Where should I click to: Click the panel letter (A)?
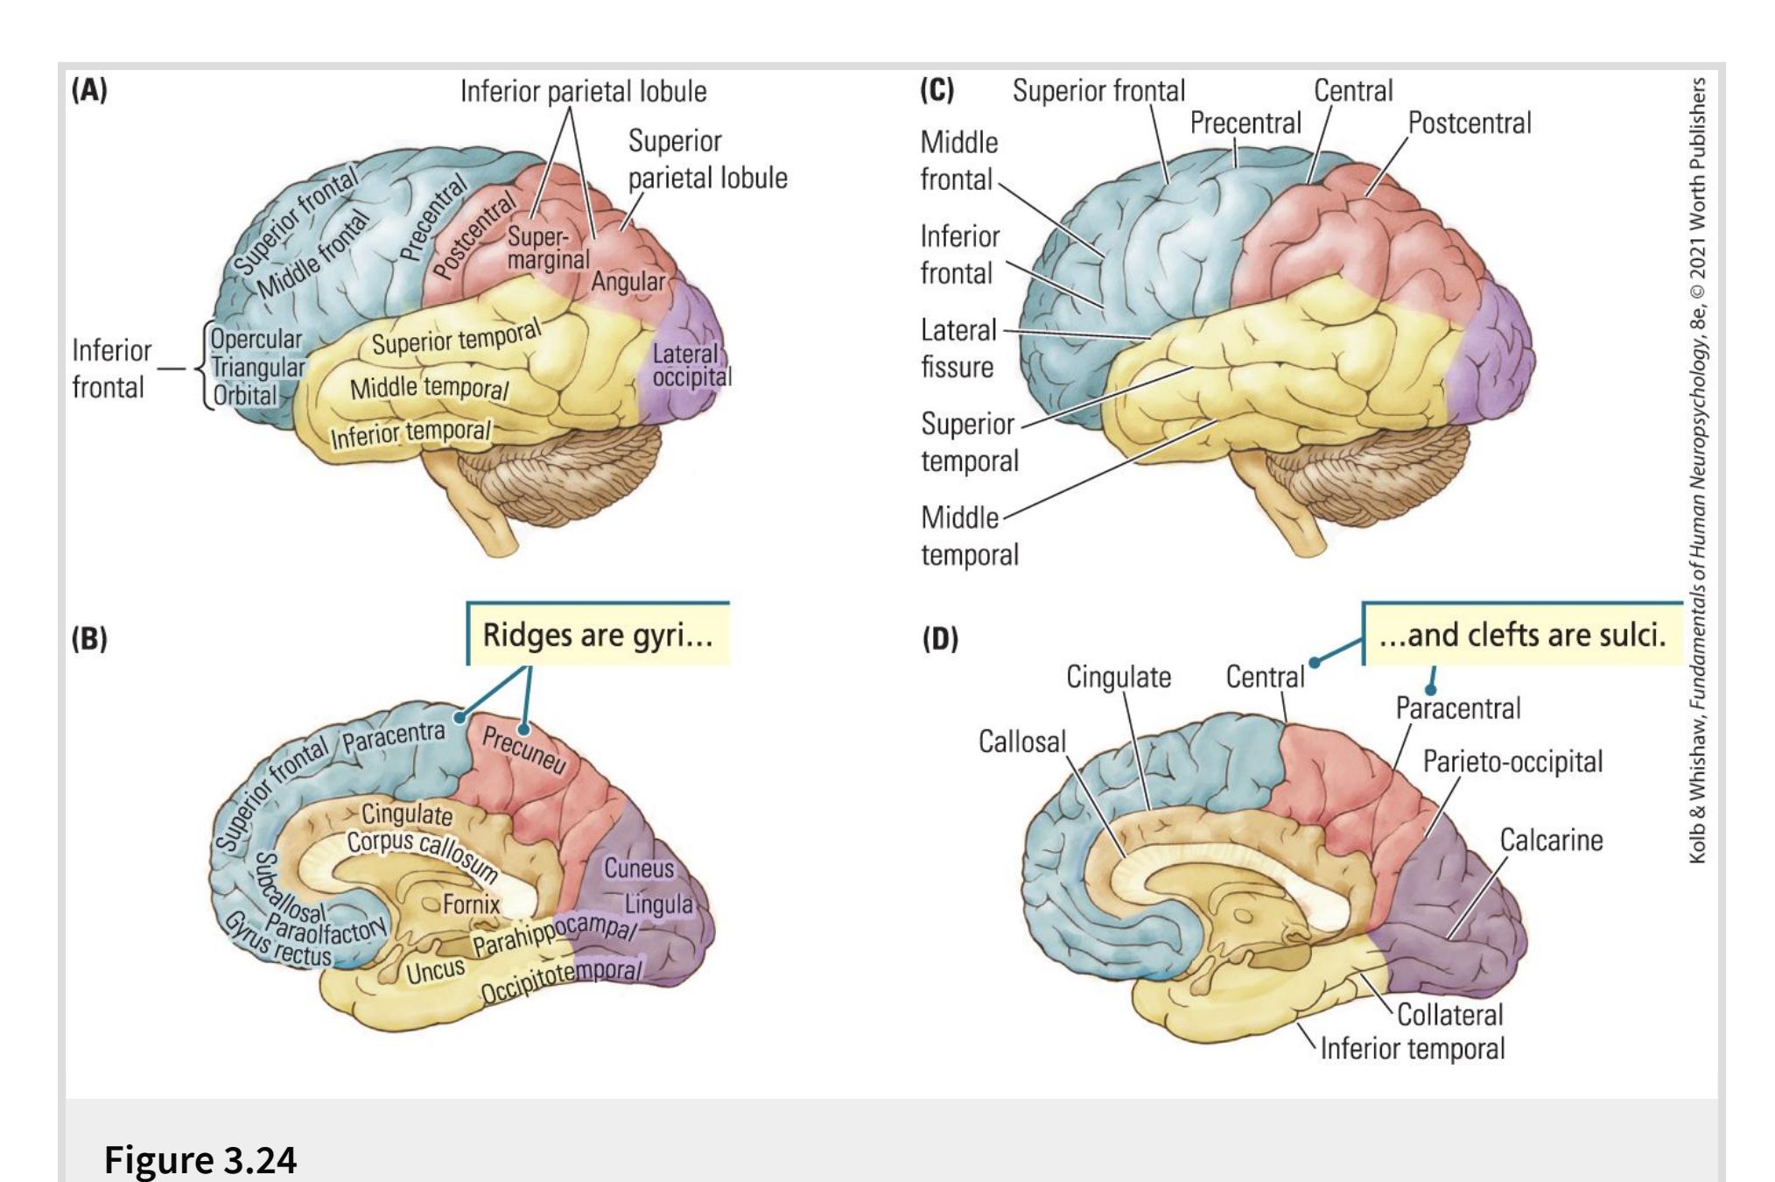pyautogui.click(x=89, y=91)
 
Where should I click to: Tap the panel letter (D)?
pyautogui.click(x=940, y=639)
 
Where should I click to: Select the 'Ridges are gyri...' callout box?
pyautogui.click(x=598, y=634)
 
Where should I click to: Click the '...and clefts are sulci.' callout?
pyautogui.click(x=1522, y=634)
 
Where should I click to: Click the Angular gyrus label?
pyautogui.click(x=628, y=282)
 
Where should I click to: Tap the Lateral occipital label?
pyautogui.click(x=691, y=365)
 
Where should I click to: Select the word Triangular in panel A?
pyautogui.click(x=258, y=368)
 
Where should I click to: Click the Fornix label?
pyautogui.click(x=471, y=904)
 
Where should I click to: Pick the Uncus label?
pyautogui.click(x=435, y=970)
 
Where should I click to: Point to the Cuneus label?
pyautogui.click(x=639, y=869)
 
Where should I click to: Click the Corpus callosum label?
pyautogui.click(x=422, y=853)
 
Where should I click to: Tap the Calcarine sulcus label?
pyautogui.click(x=1551, y=841)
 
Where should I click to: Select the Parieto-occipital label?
pyautogui.click(x=1512, y=762)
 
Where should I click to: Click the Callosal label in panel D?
pyautogui.click(x=1022, y=742)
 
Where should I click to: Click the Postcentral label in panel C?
pyautogui.click(x=1470, y=123)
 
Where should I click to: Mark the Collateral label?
pyautogui.click(x=1449, y=1015)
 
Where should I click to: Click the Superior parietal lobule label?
pyautogui.click(x=707, y=159)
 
